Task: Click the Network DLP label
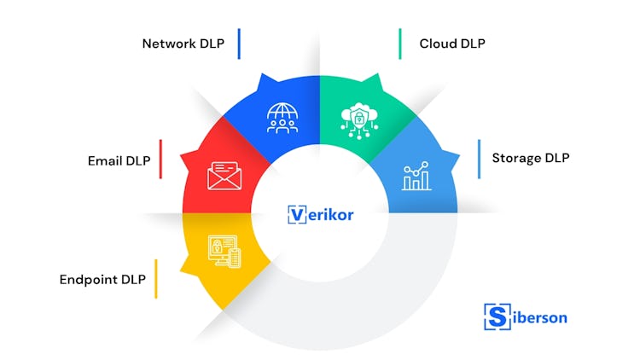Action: pyautogui.click(x=183, y=44)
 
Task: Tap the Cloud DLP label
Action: pyautogui.click(x=453, y=44)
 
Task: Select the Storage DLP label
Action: pyautogui.click(x=530, y=158)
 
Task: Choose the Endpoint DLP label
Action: pyautogui.click(x=102, y=280)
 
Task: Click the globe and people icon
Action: pyautogui.click(x=282, y=119)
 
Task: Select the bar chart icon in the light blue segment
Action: pyautogui.click(x=416, y=177)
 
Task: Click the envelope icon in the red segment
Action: pyautogui.click(x=224, y=176)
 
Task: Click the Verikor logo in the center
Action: pyautogui.click(x=320, y=214)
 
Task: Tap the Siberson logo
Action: pyautogui.click(x=525, y=316)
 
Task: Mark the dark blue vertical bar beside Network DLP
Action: pyautogui.click(x=240, y=44)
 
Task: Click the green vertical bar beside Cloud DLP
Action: pyautogui.click(x=399, y=44)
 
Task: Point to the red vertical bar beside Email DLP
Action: pyautogui.click(x=160, y=159)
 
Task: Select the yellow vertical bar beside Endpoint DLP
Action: pyautogui.click(x=155, y=279)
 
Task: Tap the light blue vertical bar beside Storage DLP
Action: pyautogui.click(x=479, y=159)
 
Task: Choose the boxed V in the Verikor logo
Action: pyautogui.click(x=296, y=214)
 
